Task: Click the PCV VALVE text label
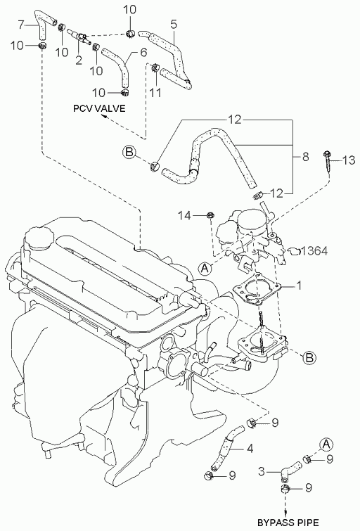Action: pos(100,108)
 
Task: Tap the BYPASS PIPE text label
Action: pos(288,523)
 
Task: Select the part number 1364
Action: pos(314,250)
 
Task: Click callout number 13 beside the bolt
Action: pos(348,160)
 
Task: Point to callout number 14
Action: pos(185,215)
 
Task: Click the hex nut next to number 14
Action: pos(210,215)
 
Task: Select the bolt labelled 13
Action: pos(328,162)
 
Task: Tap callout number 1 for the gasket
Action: pos(298,286)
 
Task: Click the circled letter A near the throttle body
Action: pos(204,268)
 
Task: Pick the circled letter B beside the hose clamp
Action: pos(129,151)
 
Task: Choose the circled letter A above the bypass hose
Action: pos(326,444)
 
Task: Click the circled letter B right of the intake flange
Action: pos(309,357)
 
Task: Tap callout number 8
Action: pos(305,156)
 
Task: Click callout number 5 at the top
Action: pos(174,25)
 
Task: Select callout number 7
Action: pos(21,25)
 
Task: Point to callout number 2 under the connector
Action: pos(79,60)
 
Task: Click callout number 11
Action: pos(155,92)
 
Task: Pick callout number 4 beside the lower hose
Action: pos(250,449)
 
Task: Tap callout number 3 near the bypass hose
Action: pos(262,471)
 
